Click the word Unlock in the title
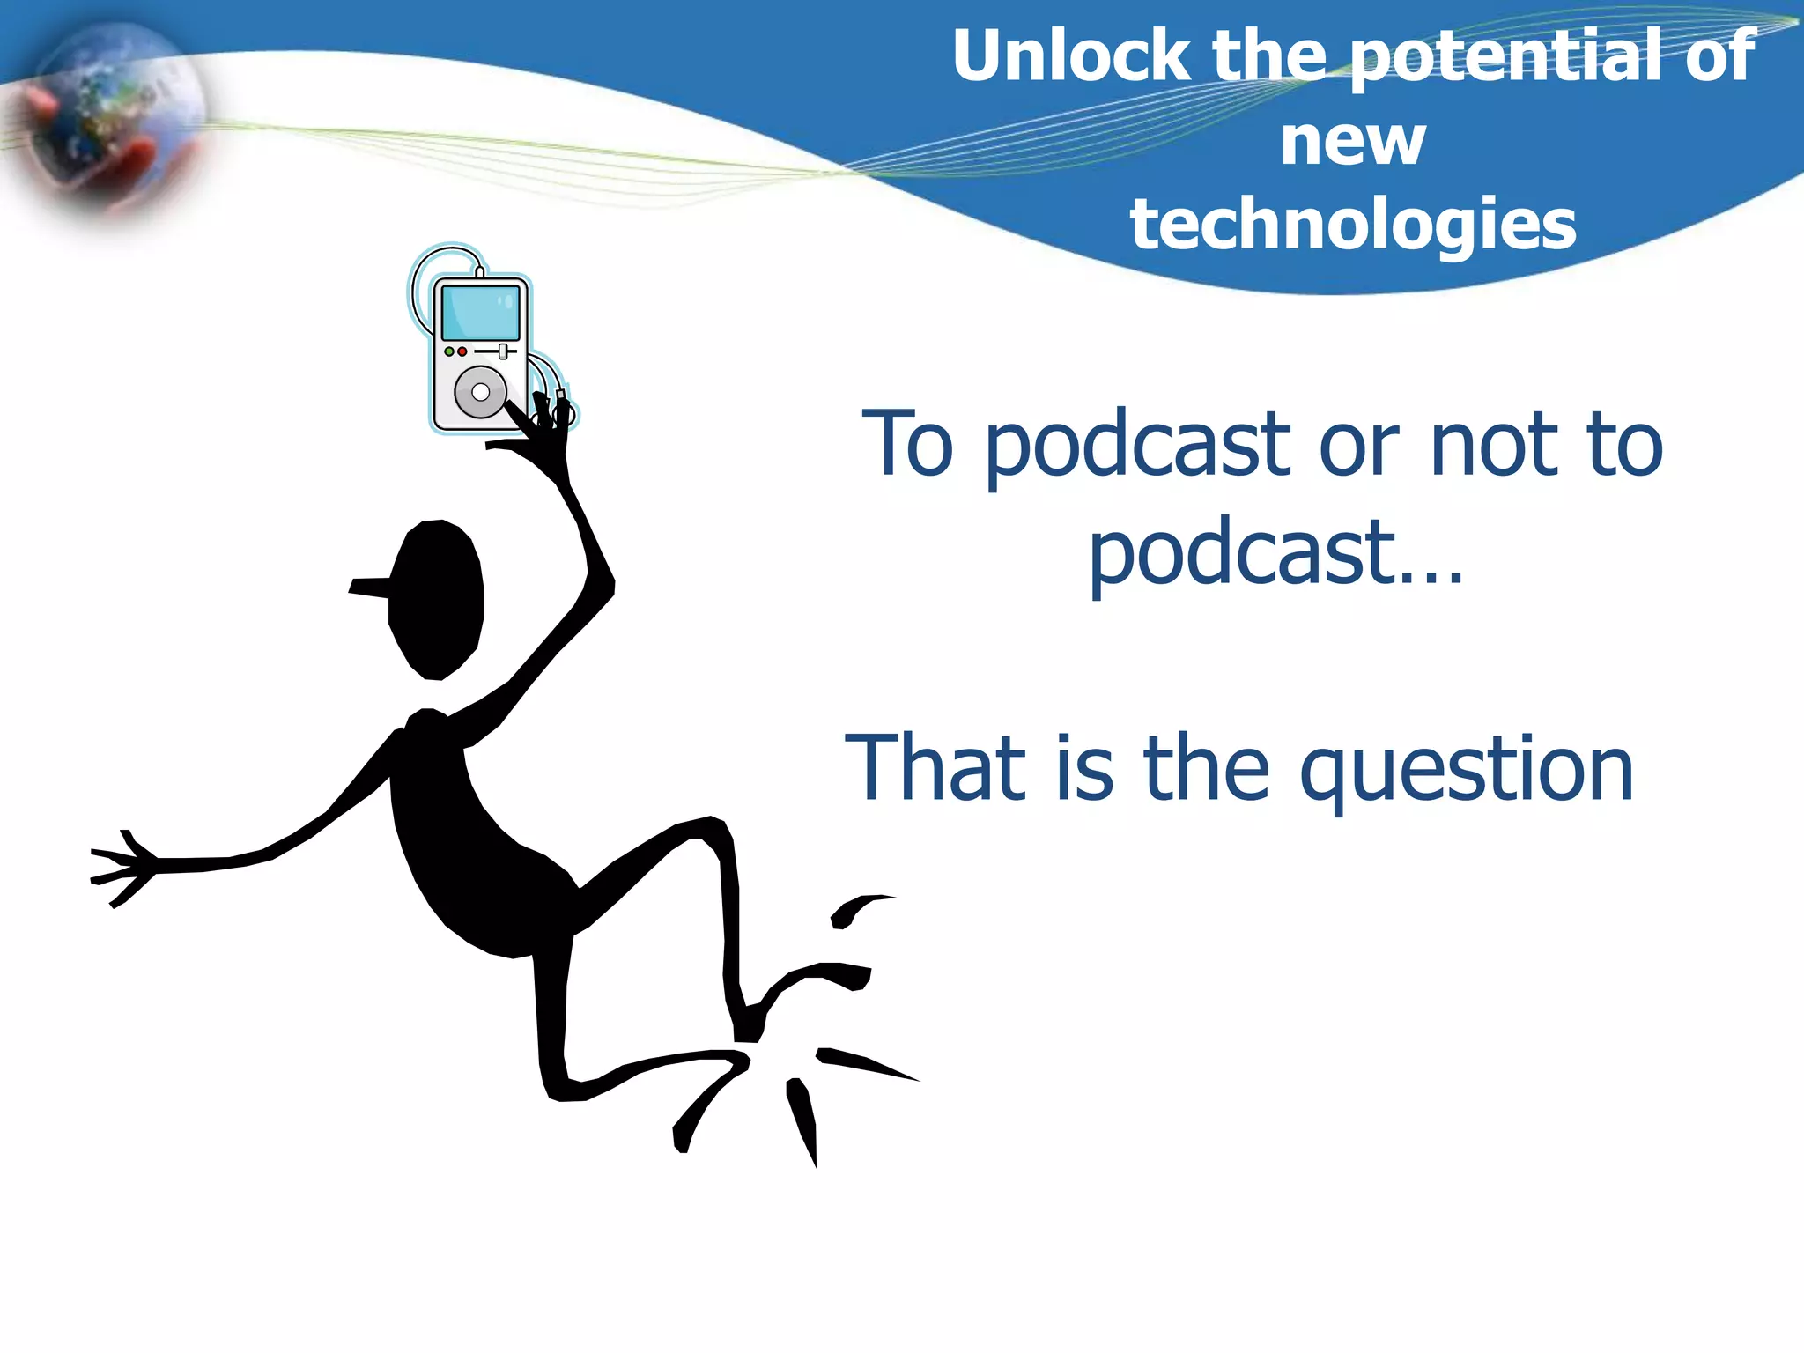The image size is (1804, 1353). pos(1071,56)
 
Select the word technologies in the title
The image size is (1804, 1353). pos(1353,225)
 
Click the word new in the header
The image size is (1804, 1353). pos(1353,143)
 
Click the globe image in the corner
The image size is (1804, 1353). pos(110,115)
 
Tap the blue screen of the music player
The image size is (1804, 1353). pos(480,313)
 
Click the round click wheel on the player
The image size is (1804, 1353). pos(480,391)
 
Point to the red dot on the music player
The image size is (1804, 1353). pos(462,351)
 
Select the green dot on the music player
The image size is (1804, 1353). pos(449,351)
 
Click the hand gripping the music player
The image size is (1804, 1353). pos(542,436)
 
